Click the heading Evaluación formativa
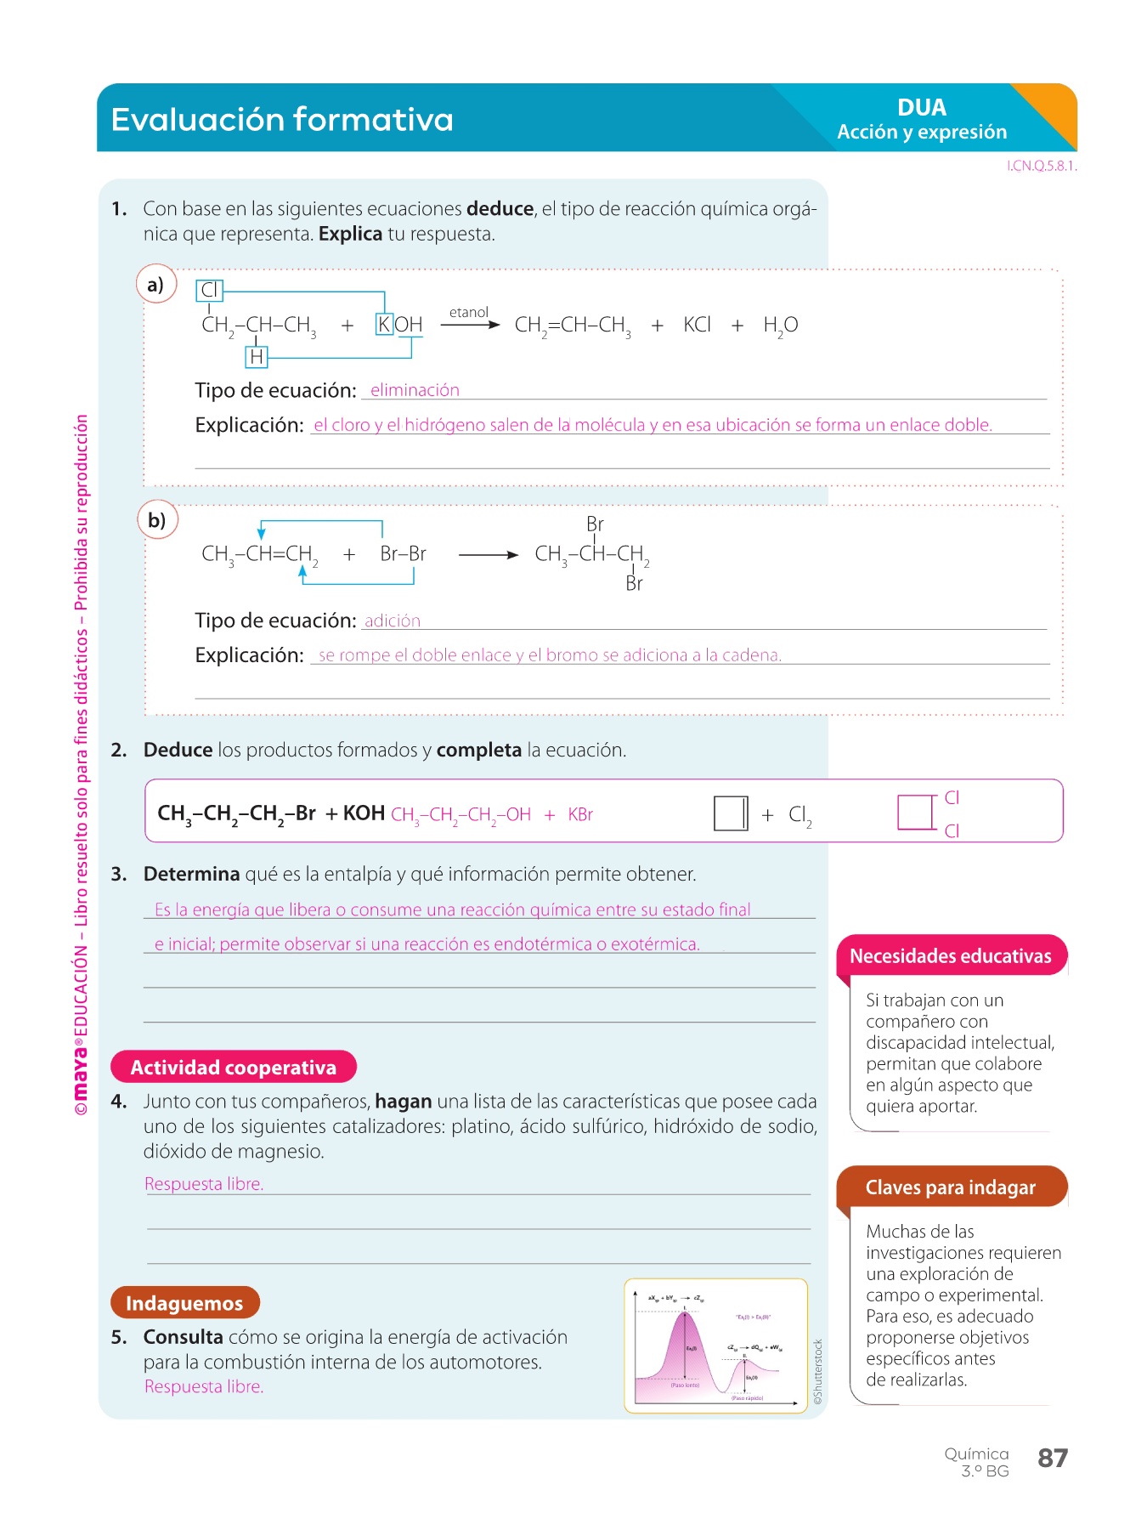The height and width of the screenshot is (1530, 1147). tap(282, 120)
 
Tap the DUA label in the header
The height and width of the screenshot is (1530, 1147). tap(922, 108)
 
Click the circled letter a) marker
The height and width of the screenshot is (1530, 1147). tap(155, 285)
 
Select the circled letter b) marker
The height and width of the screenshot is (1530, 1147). tap(157, 520)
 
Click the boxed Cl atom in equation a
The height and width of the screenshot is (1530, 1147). tap(209, 291)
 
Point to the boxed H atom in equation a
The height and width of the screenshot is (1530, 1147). tap(256, 357)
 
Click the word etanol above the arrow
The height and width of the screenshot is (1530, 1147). tap(468, 313)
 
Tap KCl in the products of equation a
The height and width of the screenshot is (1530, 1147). tap(697, 325)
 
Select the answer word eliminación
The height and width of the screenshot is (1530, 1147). tap(415, 390)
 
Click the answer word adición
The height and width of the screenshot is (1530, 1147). tap(393, 621)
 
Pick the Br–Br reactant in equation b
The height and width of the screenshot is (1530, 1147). tap(403, 554)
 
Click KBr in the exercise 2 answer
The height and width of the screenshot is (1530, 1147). tap(580, 814)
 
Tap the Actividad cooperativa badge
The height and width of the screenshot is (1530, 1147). tap(234, 1068)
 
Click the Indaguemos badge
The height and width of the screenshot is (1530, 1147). tap(184, 1303)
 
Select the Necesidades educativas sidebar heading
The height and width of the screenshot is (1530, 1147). tap(950, 956)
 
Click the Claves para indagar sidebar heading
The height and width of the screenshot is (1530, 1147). tap(950, 1187)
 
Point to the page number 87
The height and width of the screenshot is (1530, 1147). tap(1052, 1459)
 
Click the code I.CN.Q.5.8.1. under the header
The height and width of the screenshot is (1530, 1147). tap(1042, 167)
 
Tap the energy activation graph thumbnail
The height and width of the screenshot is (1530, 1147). tap(715, 1346)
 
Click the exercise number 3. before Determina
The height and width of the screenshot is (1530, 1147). tap(119, 875)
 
